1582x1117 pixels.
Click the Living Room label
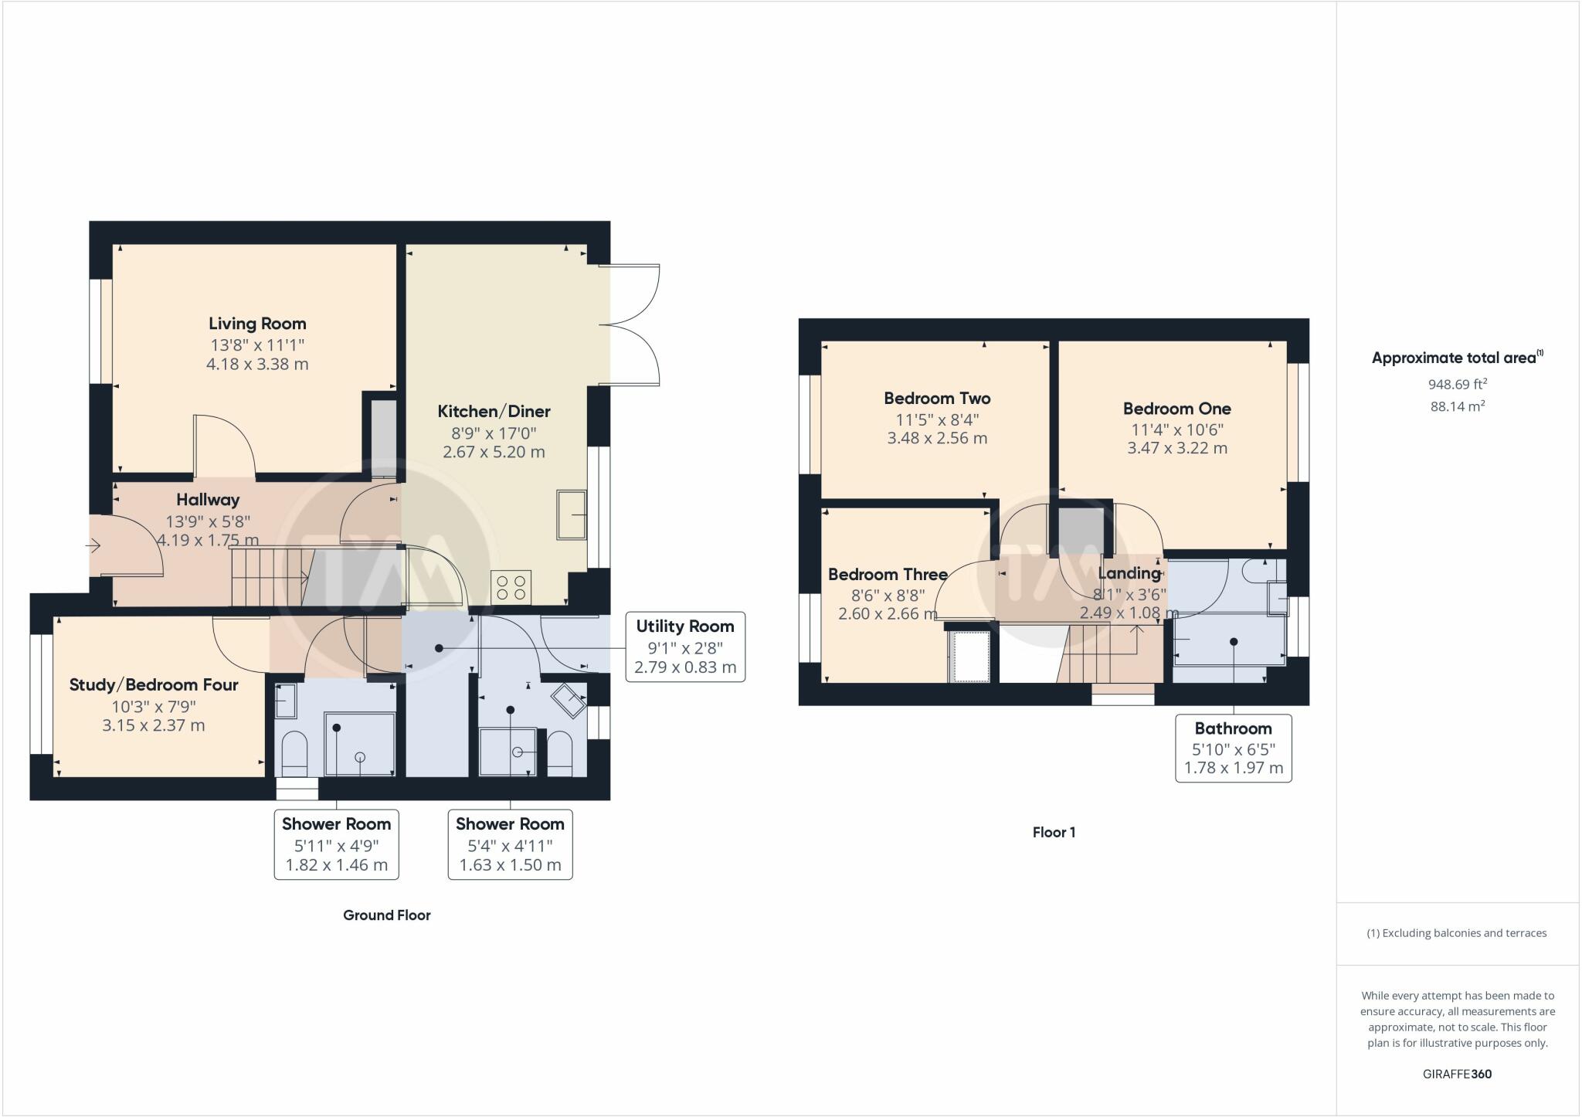click(x=257, y=324)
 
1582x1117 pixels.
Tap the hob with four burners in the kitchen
click(x=511, y=586)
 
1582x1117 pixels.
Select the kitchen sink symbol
click(x=571, y=514)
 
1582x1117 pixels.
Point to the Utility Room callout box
click(x=684, y=647)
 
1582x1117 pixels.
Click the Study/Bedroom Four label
click(x=154, y=684)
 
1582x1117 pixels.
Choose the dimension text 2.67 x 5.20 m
click(x=494, y=452)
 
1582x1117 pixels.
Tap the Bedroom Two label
click(x=937, y=399)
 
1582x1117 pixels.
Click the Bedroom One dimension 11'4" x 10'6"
click(x=1176, y=429)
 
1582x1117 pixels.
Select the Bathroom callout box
click(x=1233, y=748)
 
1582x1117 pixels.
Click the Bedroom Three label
click(x=888, y=574)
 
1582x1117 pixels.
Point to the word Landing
click(x=1129, y=573)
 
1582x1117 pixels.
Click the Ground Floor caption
click(x=386, y=915)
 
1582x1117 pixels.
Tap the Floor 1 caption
click(x=1054, y=832)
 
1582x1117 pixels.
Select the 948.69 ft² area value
click(x=1457, y=384)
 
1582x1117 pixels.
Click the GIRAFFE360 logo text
click(x=1457, y=1074)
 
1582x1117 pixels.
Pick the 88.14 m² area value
click(x=1457, y=406)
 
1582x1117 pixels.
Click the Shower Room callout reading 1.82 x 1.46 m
click(x=336, y=844)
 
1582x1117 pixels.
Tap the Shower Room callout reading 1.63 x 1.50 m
click(x=510, y=844)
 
